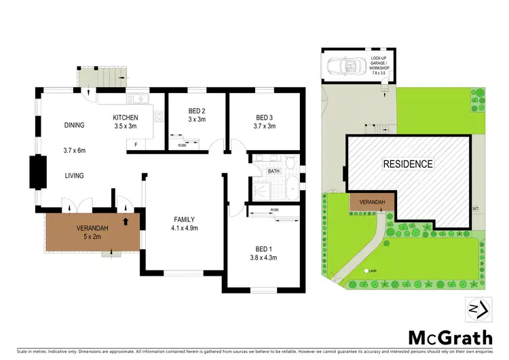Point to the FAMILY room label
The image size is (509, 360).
coord(184,219)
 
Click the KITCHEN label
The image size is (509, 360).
coord(126,118)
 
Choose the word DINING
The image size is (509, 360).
coord(75,125)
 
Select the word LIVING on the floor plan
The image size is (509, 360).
coord(74,176)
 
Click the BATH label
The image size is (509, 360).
coord(274,171)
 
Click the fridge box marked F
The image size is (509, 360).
coord(137,144)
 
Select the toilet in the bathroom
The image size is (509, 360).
coord(290,163)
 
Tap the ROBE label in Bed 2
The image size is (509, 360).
coord(183,145)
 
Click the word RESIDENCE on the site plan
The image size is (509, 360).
coord(407,164)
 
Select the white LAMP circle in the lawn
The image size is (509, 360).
coord(366,271)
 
